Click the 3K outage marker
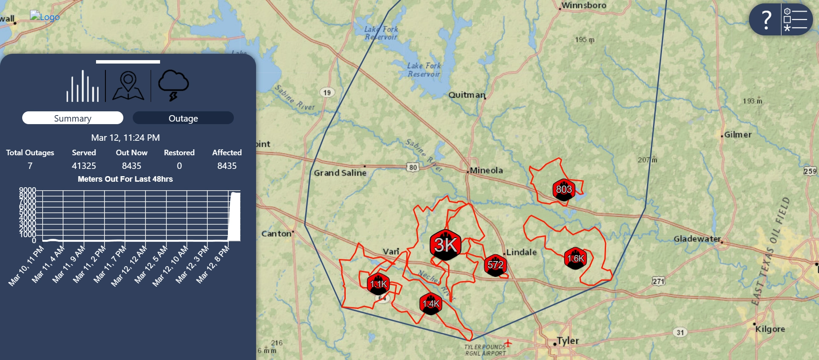[446, 245]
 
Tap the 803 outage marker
[563, 190]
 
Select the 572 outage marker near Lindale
[495, 265]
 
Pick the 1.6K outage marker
[575, 258]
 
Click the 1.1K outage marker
[378, 284]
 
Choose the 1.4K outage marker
[431, 304]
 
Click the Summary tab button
[73, 118]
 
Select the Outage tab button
[183, 118]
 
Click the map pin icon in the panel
[128, 86]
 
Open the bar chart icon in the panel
[82, 86]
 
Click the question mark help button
[766, 20]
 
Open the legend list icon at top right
[796, 20]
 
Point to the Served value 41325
[84, 166]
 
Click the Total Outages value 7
[30, 166]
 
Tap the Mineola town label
[486, 170]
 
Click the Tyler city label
[568, 340]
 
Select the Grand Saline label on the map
[340, 173]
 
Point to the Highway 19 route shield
[327, 93]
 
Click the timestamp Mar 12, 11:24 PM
[125, 138]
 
